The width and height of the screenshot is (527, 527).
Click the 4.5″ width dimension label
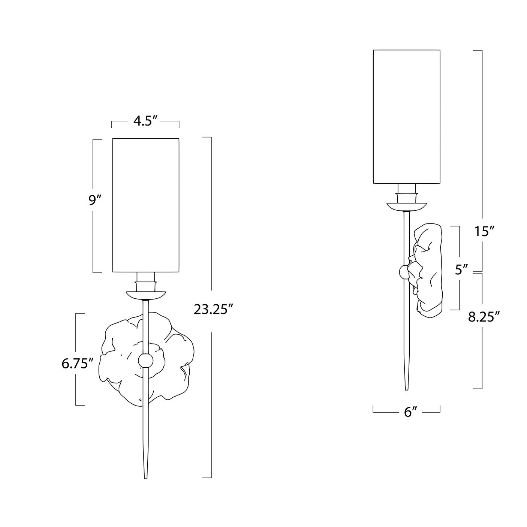[x=145, y=122]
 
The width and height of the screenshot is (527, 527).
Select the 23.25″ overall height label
[x=214, y=310]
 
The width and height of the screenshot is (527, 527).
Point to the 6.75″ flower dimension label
[x=77, y=364]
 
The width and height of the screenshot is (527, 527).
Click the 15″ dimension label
[x=483, y=232]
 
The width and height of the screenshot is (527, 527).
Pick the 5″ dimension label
[x=461, y=269]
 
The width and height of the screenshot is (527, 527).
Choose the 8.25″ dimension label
[x=484, y=317]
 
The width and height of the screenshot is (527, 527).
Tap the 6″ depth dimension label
[x=407, y=412]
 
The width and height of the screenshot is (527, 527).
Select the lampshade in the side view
[x=406, y=117]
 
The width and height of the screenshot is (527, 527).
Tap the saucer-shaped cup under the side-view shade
[x=407, y=206]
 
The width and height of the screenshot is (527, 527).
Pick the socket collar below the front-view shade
[x=145, y=281]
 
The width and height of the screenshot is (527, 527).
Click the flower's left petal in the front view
[x=112, y=360]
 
